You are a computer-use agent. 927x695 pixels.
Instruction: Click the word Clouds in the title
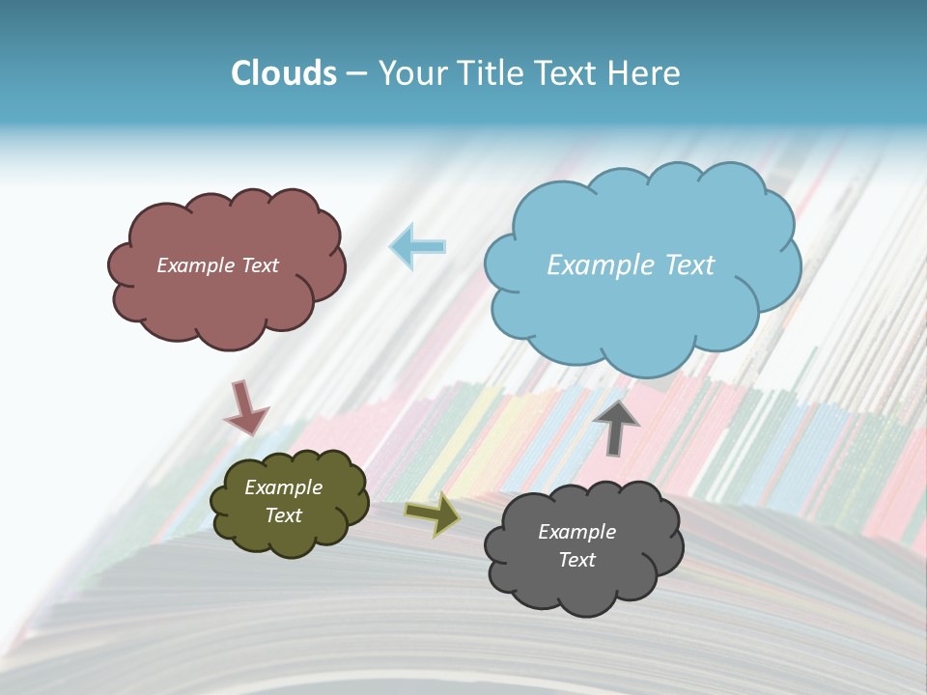click(x=284, y=73)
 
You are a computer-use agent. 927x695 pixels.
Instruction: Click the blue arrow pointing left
click(x=418, y=247)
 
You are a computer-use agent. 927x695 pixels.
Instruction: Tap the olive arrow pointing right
click(x=433, y=514)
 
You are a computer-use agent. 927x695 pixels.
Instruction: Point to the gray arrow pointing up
click(x=616, y=426)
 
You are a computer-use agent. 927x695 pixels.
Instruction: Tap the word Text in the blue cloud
click(x=690, y=265)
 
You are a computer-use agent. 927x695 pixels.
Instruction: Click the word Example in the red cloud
click(x=195, y=265)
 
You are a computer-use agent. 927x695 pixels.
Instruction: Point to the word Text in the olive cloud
click(x=284, y=515)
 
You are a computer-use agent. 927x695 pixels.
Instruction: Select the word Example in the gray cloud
click(x=576, y=532)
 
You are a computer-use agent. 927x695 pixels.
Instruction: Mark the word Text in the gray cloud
click(x=576, y=560)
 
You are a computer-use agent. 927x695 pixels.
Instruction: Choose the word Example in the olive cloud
click(x=284, y=487)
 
